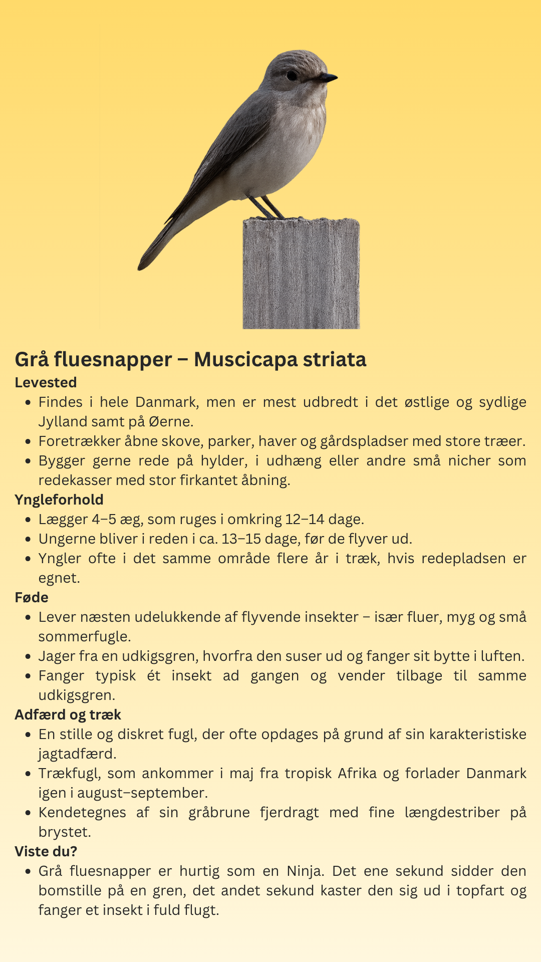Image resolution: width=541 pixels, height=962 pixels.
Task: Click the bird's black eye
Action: (292, 76)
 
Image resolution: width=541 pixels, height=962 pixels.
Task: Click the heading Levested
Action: (46, 382)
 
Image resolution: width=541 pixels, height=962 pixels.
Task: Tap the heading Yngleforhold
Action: (59, 500)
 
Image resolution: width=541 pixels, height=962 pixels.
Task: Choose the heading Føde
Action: (32, 597)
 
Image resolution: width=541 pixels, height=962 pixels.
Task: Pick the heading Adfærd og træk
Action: (68, 714)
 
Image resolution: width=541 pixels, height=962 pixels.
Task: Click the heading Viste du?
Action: (46, 851)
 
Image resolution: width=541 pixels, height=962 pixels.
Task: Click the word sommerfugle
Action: (84, 636)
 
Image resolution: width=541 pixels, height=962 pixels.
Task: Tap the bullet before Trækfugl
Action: (28, 774)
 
